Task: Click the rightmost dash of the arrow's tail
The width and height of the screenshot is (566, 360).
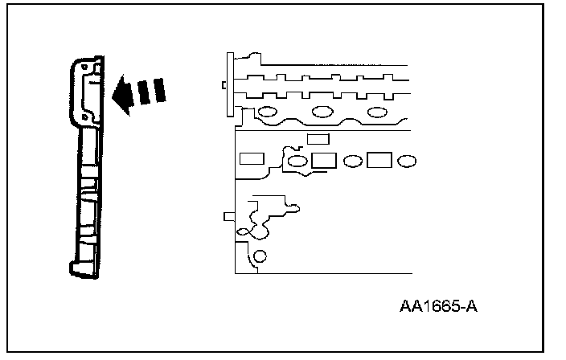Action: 160,90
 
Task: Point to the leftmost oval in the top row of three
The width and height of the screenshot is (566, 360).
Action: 269,111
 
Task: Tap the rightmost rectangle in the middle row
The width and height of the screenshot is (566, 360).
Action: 379,161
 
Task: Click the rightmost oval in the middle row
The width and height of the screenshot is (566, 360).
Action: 407,162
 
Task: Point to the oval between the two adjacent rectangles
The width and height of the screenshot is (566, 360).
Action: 351,162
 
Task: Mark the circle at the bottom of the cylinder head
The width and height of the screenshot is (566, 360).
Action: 259,257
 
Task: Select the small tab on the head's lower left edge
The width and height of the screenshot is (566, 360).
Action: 228,215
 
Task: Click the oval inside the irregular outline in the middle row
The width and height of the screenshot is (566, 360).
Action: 297,162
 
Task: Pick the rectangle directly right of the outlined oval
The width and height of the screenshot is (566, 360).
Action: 323,161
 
